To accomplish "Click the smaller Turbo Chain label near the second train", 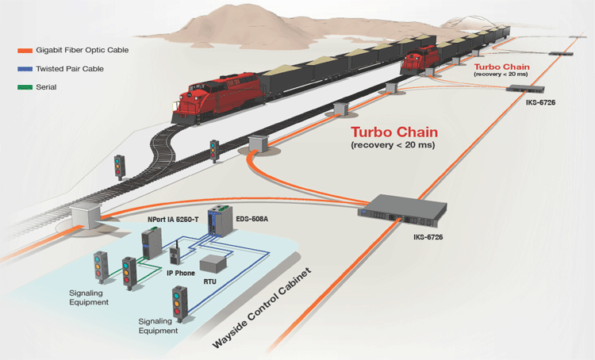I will pyautogui.click(x=502, y=67).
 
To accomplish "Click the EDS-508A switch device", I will pyautogui.click(x=217, y=224).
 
